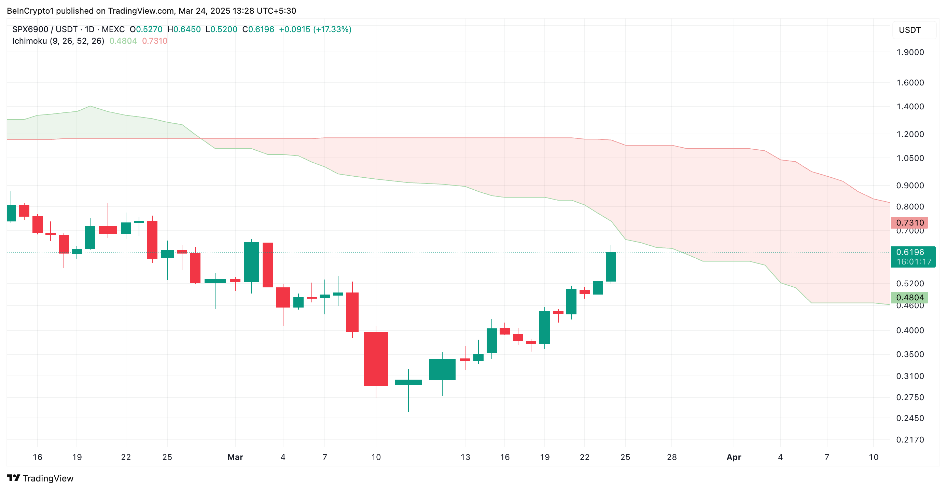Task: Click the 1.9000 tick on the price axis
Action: click(910, 52)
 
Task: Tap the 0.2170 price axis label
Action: click(910, 439)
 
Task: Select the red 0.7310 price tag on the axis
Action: click(909, 222)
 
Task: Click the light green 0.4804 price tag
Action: click(909, 297)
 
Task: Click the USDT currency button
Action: click(910, 30)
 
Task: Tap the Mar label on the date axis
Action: click(235, 457)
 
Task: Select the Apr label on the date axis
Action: click(733, 457)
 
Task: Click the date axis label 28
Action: click(671, 457)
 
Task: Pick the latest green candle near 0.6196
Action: click(610, 267)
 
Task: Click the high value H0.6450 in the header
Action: click(184, 29)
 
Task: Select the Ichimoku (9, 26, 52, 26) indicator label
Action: click(58, 41)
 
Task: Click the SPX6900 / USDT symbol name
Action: click(45, 29)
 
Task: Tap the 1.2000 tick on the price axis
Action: click(910, 134)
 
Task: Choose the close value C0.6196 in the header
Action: click(258, 29)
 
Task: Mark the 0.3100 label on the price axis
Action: click(910, 376)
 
